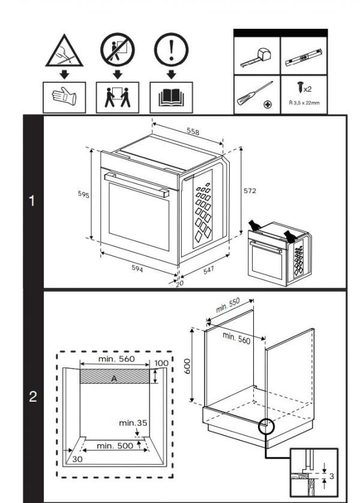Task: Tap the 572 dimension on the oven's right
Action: (x=250, y=191)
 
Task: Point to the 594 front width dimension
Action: (x=138, y=269)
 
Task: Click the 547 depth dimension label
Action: (x=208, y=271)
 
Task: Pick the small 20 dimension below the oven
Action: (x=179, y=283)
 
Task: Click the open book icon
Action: (x=171, y=98)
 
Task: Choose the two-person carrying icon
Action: (x=117, y=98)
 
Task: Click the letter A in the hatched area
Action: (x=114, y=379)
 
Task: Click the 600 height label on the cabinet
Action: (x=187, y=366)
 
